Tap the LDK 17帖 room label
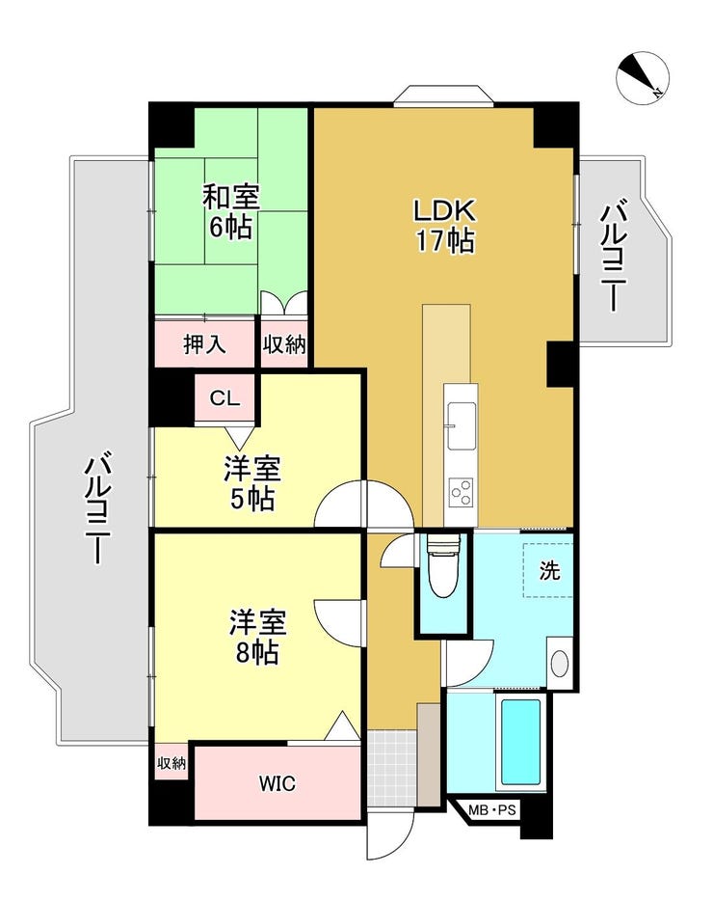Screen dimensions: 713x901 click(445, 226)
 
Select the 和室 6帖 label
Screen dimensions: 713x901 click(231, 211)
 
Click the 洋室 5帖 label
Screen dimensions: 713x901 click(252, 484)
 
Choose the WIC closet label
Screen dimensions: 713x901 click(277, 782)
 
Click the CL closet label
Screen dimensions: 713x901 click(224, 397)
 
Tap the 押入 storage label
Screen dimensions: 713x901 click(204, 343)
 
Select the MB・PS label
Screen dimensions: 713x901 click(492, 810)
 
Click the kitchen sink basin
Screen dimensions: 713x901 click(462, 425)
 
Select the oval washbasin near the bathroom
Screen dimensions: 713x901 click(560, 664)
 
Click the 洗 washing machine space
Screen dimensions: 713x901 click(548, 570)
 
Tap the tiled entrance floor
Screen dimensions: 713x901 click(392, 768)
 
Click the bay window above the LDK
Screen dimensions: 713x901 click(444, 96)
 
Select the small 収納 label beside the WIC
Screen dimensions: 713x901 click(172, 763)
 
